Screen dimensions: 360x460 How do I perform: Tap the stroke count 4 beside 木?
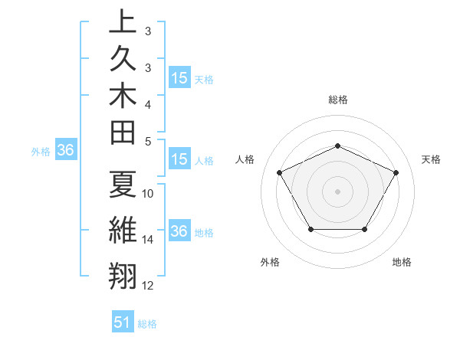pyautogui.click(x=147, y=103)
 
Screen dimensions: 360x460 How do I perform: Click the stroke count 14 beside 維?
pyautogui.click(x=148, y=240)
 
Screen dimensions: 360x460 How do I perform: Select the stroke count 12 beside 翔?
pyautogui.click(x=148, y=286)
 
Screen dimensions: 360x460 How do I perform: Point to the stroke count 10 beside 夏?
pyautogui.click(x=148, y=194)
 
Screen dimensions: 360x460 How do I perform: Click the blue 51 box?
pyautogui.click(x=123, y=323)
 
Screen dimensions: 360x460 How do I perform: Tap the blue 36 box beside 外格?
pyautogui.click(x=65, y=151)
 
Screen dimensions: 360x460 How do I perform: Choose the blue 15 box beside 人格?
pyautogui.click(x=179, y=160)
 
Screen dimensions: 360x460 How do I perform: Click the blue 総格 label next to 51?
pyautogui.click(x=147, y=324)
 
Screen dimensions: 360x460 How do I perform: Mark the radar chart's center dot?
pyautogui.click(x=337, y=191)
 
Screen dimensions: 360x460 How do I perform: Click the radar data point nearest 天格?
pyautogui.click(x=396, y=172)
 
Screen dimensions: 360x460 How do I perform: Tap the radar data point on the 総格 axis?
pyautogui.click(x=337, y=146)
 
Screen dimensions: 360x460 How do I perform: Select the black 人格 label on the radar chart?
pyautogui.click(x=245, y=159)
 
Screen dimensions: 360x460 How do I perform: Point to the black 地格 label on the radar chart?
pyautogui.click(x=402, y=263)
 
